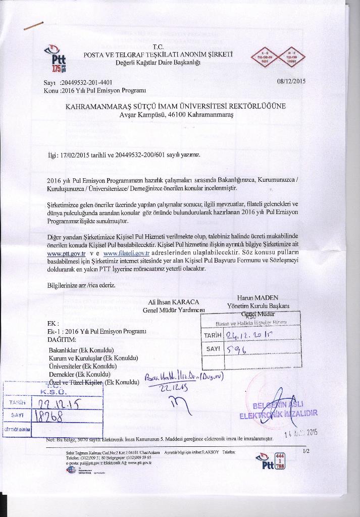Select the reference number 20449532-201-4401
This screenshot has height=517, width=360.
point(86,82)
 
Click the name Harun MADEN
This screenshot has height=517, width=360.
point(258,297)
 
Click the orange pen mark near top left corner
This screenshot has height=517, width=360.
point(34,25)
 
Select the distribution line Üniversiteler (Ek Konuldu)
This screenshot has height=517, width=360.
point(83,366)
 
